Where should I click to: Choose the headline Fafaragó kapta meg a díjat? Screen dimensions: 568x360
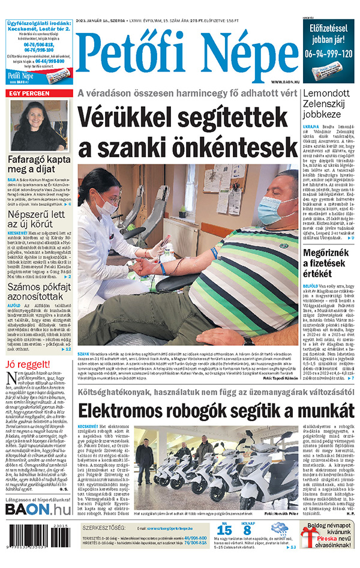(39, 165)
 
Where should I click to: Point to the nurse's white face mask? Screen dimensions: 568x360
(107, 204)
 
